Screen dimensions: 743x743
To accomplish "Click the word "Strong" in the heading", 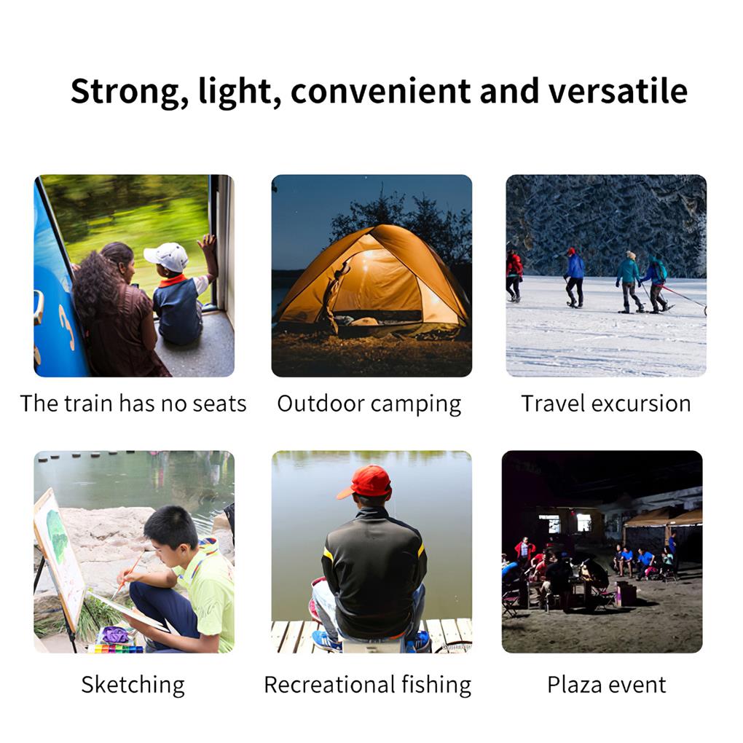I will click(116, 92).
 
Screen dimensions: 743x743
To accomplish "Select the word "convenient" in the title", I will click(380, 92).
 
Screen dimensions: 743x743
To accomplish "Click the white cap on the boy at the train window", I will click(167, 256).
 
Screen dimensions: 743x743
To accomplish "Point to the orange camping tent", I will click(371, 280).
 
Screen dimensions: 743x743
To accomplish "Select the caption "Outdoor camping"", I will click(369, 404).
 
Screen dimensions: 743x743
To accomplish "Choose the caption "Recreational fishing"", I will click(367, 685).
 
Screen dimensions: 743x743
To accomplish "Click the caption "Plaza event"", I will click(606, 685).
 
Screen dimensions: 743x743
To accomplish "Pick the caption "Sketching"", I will click(133, 685).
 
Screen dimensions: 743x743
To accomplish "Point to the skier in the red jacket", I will click(514, 274).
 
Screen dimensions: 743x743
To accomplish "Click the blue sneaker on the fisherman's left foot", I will click(326, 640).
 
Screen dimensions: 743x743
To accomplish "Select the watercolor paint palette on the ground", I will click(116, 648).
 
